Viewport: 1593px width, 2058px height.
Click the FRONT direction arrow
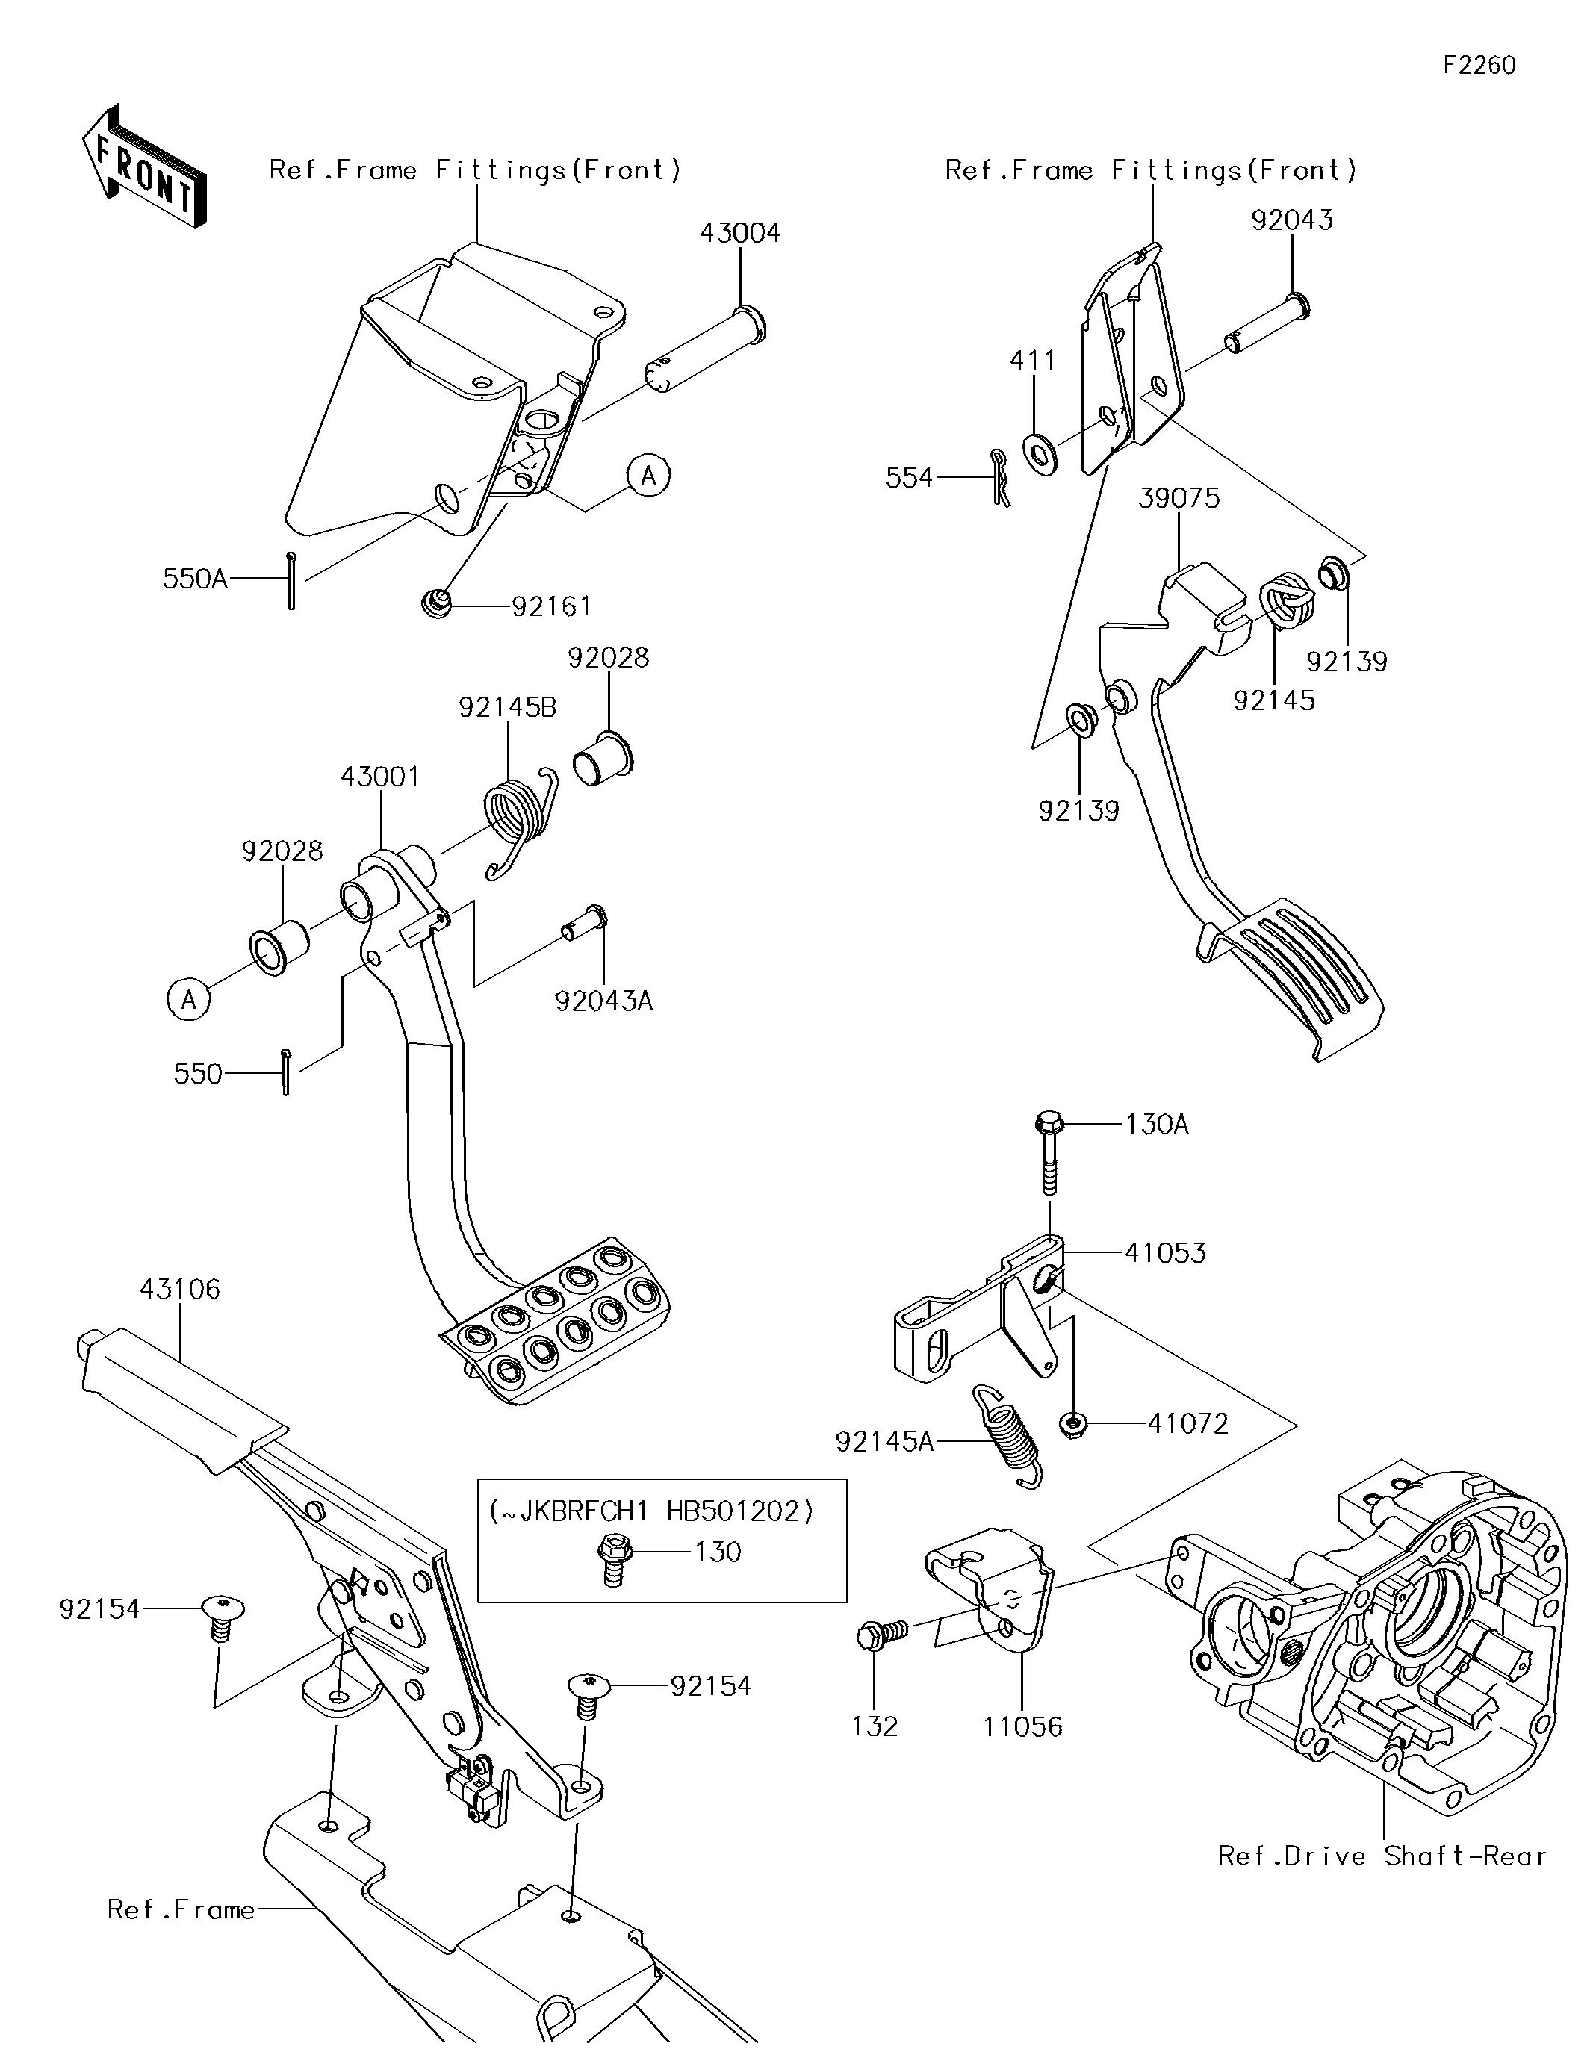point(144,166)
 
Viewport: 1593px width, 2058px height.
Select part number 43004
point(740,233)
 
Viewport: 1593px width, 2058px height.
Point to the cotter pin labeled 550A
point(292,579)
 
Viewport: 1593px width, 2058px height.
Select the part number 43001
point(380,777)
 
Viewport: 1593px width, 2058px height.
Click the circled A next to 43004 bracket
point(648,476)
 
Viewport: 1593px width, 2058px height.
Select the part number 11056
point(1022,1726)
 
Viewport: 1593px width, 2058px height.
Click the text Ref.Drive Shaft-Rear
point(1382,1856)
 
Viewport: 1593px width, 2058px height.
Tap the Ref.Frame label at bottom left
point(181,1910)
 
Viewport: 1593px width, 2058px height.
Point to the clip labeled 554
point(1000,478)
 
